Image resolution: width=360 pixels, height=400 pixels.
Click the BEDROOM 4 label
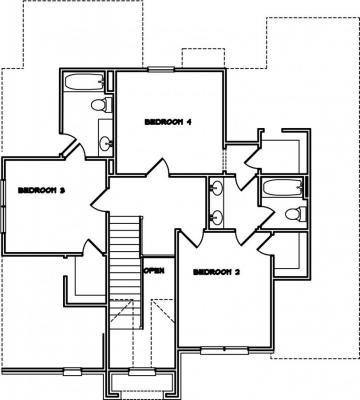pyautogui.click(x=168, y=122)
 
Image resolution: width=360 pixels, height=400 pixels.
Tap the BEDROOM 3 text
pyautogui.click(x=41, y=191)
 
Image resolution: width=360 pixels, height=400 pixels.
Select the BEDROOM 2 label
pyautogui.click(x=216, y=272)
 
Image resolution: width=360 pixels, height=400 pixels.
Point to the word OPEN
pyautogui.click(x=154, y=270)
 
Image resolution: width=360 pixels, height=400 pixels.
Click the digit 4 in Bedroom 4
pyautogui.click(x=188, y=122)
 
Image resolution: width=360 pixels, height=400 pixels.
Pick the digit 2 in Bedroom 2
pyautogui.click(x=237, y=272)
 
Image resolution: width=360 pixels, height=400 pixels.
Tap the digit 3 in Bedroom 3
pyautogui.click(x=62, y=191)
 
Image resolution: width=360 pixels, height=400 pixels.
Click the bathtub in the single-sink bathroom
pyautogui.click(x=85, y=82)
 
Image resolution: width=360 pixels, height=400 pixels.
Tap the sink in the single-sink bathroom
pyautogui.click(x=106, y=144)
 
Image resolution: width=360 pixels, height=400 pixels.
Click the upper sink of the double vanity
pyautogui.click(x=216, y=188)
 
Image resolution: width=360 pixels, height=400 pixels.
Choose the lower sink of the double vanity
pyautogui.click(x=216, y=217)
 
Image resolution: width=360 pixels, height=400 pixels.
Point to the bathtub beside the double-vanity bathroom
pyautogui.click(x=284, y=188)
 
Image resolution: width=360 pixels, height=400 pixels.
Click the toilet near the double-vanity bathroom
pyautogui.click(x=296, y=214)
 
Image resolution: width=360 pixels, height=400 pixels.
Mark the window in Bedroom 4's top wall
pyautogui.click(x=161, y=69)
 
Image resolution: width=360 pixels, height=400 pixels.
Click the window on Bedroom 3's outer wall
pyautogui.click(x=3, y=207)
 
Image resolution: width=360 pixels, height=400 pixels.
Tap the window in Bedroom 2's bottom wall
pyautogui.click(x=224, y=350)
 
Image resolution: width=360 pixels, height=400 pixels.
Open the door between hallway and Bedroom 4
pyautogui.click(x=158, y=168)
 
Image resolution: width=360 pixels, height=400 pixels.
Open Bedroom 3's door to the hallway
pyautogui.click(x=99, y=199)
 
